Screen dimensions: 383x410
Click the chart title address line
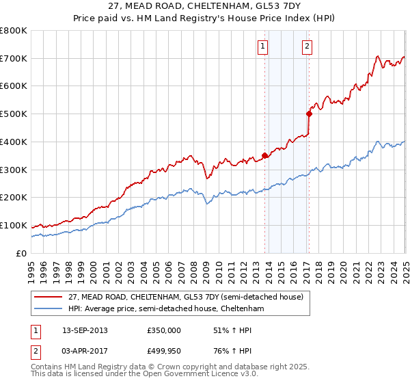click(x=204, y=5)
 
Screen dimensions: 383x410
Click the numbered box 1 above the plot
click(x=263, y=47)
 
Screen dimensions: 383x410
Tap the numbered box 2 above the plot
click(x=307, y=47)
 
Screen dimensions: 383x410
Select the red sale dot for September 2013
click(x=264, y=155)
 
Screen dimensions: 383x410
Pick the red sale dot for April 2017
click(x=309, y=114)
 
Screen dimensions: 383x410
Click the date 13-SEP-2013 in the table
click(x=85, y=330)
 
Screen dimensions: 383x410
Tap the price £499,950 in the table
click(x=163, y=352)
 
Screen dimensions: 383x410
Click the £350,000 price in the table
click(x=163, y=330)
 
